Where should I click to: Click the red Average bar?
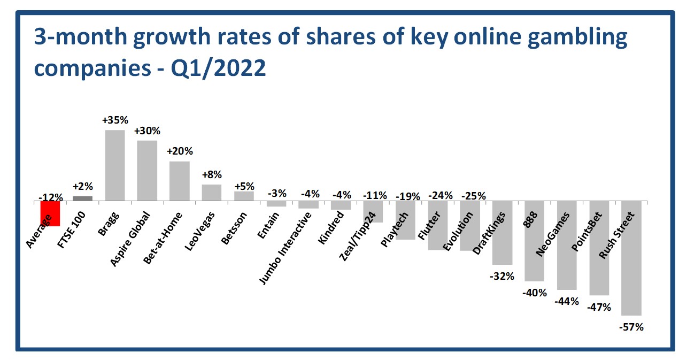point(50,214)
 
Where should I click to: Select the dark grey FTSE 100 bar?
point(82,198)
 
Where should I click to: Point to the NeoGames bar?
point(567,246)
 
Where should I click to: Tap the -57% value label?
point(631,326)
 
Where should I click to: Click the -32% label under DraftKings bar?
point(503,276)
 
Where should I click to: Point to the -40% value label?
point(535,293)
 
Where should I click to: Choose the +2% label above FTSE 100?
point(82,187)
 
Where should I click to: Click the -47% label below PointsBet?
point(599,308)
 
